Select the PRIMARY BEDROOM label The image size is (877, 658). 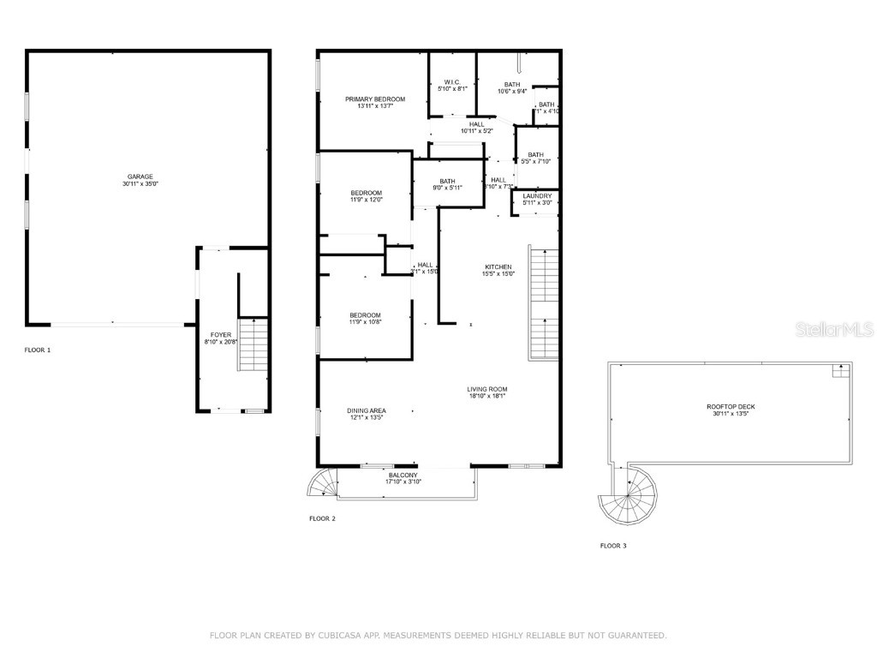tap(375, 99)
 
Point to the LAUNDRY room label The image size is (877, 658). tap(537, 196)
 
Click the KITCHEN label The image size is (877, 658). tap(498, 267)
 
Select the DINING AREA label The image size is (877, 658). tap(366, 410)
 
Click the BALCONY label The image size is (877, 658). tap(403, 475)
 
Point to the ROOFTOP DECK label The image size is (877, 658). tap(731, 407)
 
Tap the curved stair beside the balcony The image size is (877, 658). tap(324, 484)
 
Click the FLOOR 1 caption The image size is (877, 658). tap(38, 350)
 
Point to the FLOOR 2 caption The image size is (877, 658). tap(322, 518)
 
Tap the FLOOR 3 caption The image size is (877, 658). tap(612, 546)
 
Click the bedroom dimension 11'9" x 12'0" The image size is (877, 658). tap(366, 200)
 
